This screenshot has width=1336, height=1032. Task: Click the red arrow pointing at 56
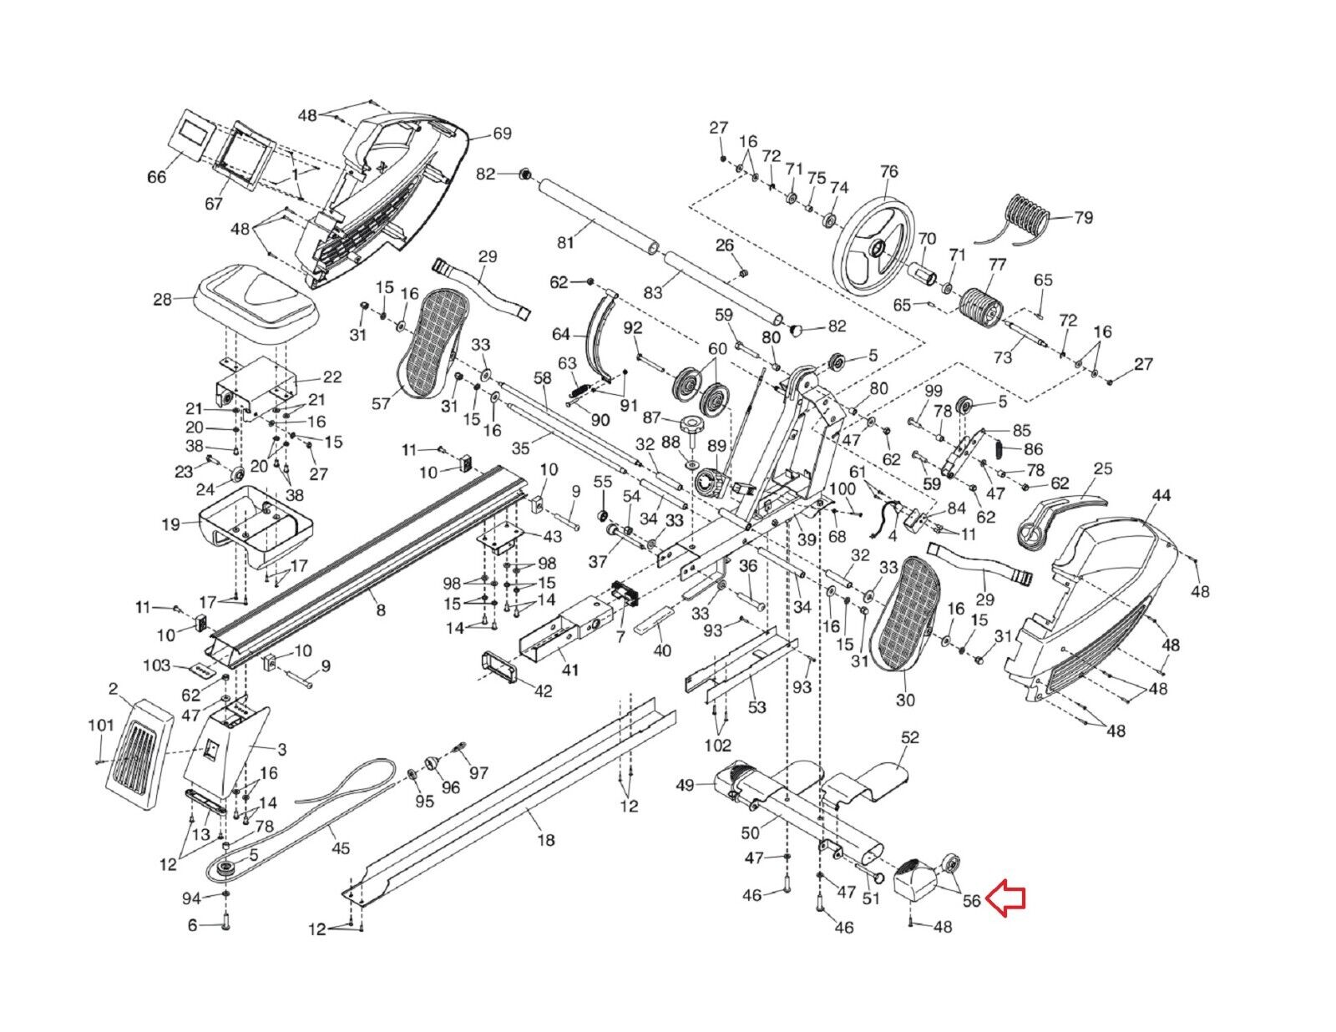(1005, 899)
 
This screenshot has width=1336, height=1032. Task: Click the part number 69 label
(502, 134)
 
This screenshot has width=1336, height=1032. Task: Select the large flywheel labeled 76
(876, 242)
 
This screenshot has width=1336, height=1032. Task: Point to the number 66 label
(157, 177)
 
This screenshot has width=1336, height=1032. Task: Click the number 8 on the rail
(381, 610)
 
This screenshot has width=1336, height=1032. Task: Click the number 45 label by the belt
(341, 849)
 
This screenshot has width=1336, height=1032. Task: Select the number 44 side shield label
(1161, 496)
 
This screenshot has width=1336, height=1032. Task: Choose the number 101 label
(101, 726)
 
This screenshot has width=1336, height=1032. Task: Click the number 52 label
(909, 738)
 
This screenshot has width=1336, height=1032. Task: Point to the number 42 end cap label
(543, 691)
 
